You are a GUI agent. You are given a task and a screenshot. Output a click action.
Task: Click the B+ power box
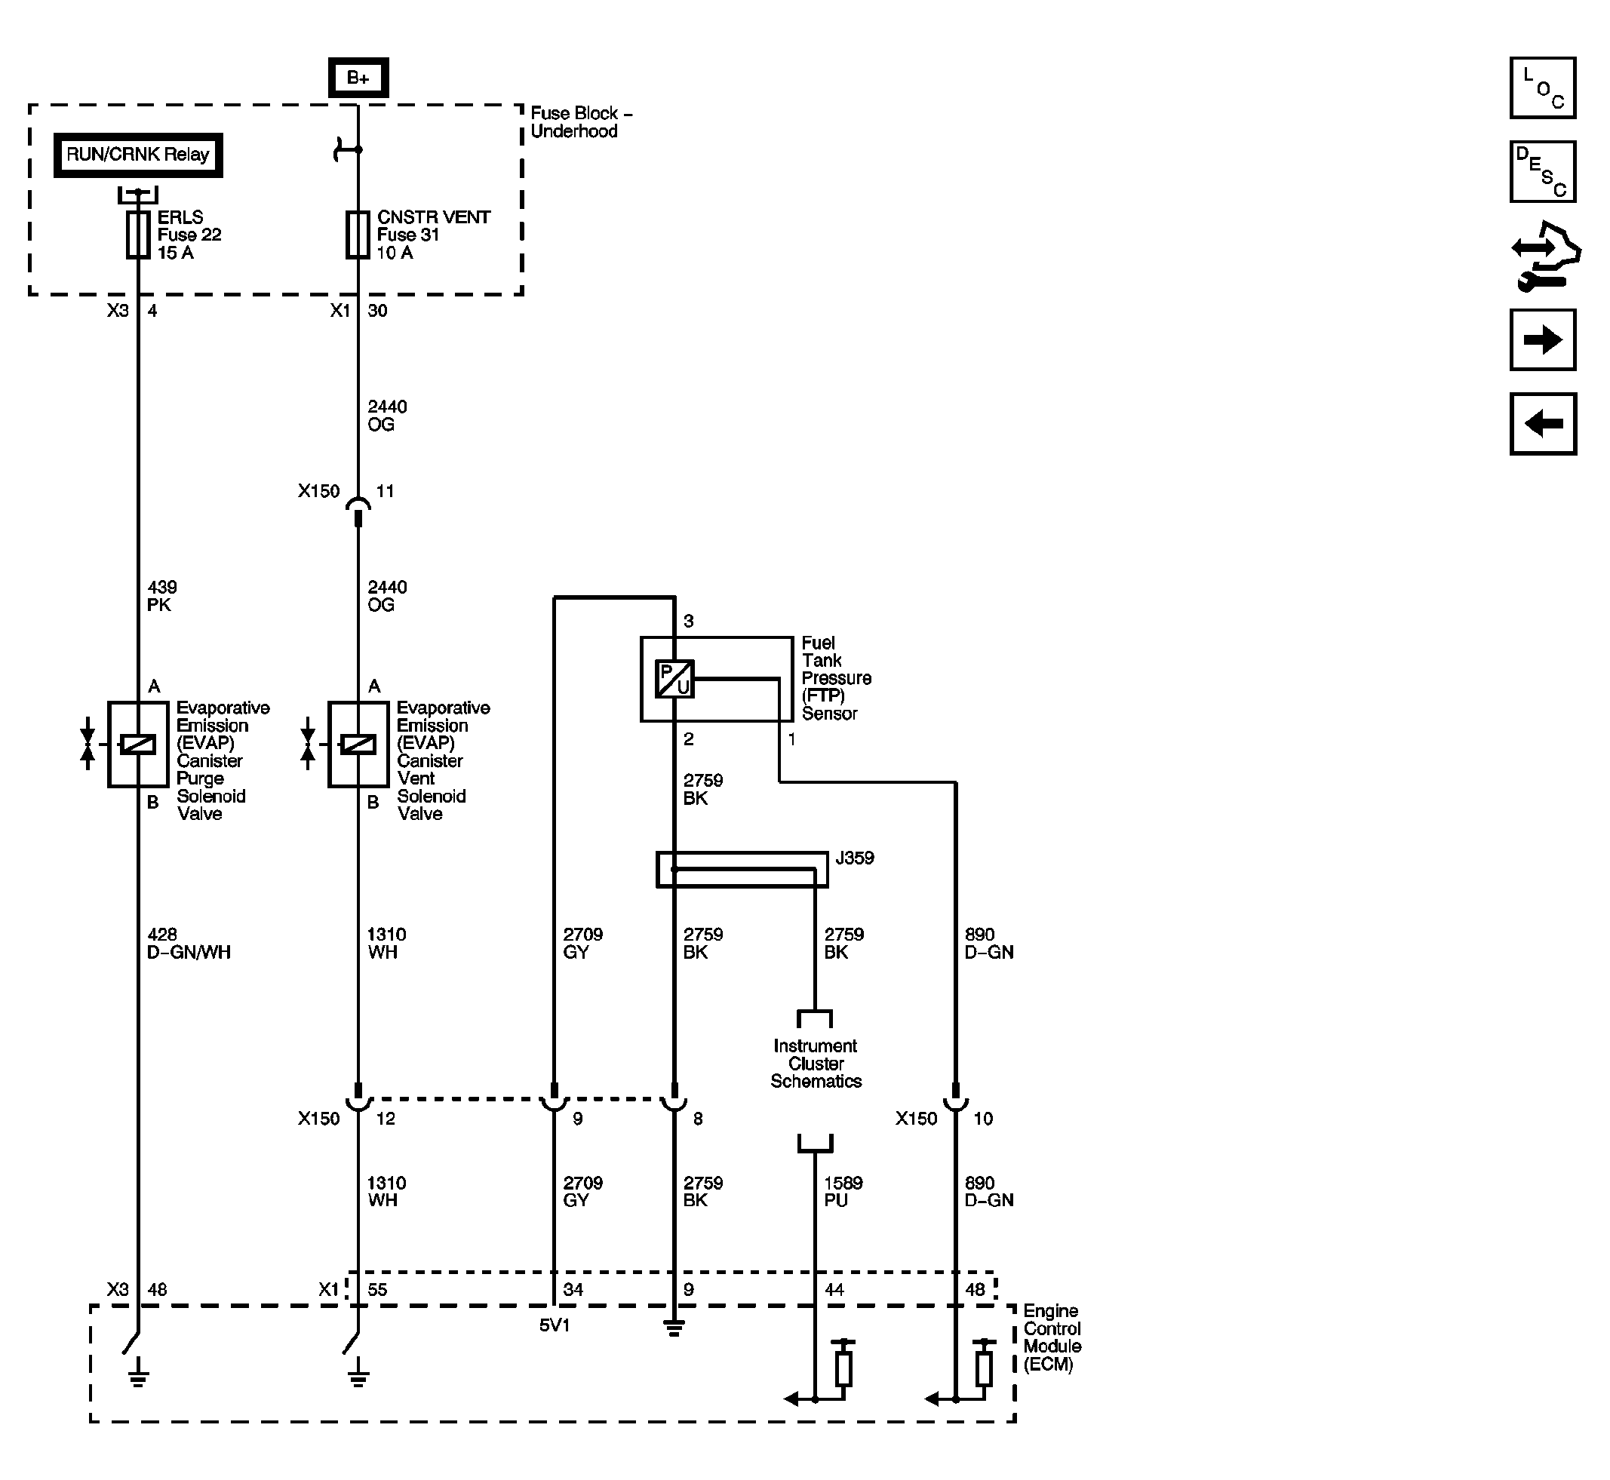[358, 78]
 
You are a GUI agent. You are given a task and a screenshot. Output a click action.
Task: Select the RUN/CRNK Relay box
[138, 155]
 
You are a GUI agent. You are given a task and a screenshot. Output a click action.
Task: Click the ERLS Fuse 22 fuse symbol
[138, 235]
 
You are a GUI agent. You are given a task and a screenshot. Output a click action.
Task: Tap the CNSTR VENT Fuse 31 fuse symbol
[358, 235]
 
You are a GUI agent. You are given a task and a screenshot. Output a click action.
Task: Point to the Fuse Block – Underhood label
[580, 122]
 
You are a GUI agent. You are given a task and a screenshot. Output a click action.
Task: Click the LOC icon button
[1542, 88]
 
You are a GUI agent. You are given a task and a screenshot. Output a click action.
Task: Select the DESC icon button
[1542, 172]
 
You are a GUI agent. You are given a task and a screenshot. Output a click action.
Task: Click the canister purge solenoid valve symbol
[138, 744]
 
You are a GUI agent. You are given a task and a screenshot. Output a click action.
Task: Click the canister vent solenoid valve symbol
[358, 744]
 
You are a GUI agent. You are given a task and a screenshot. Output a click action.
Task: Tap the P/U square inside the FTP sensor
[674, 679]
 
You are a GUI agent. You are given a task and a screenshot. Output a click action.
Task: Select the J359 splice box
[742, 869]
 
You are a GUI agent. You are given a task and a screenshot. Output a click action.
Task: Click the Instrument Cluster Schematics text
[816, 1064]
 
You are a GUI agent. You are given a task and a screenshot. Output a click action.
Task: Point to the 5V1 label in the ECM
[555, 1325]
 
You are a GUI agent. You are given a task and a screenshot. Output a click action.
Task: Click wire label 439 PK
[161, 596]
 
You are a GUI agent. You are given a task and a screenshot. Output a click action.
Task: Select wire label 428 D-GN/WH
[188, 944]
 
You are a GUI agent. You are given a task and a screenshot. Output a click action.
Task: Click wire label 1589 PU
[843, 1192]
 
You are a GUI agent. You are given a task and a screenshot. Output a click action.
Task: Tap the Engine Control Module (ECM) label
[1052, 1337]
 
